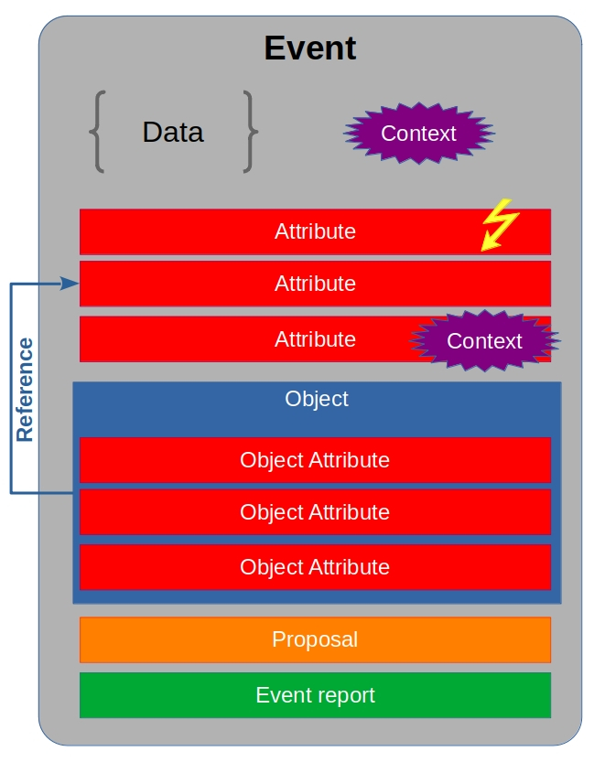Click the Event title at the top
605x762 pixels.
[x=310, y=48]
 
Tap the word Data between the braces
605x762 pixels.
[x=173, y=133]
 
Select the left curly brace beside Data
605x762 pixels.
[x=97, y=132]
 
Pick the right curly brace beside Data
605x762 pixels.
[x=250, y=132]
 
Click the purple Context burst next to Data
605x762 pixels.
[x=418, y=134]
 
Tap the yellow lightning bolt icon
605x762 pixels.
[x=500, y=224]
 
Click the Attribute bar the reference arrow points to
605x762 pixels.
[x=315, y=284]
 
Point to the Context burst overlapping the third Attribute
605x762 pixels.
[x=484, y=341]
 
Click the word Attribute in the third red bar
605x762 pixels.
[x=315, y=339]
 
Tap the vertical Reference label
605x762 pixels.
[x=25, y=390]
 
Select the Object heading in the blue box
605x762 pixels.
[x=317, y=400]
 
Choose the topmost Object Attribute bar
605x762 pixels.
[x=315, y=459]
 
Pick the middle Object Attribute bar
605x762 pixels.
[x=315, y=512]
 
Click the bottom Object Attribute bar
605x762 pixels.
[x=315, y=567]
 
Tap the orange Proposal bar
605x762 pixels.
[x=315, y=639]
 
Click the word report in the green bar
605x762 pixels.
[x=345, y=696]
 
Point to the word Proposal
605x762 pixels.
[x=315, y=639]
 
